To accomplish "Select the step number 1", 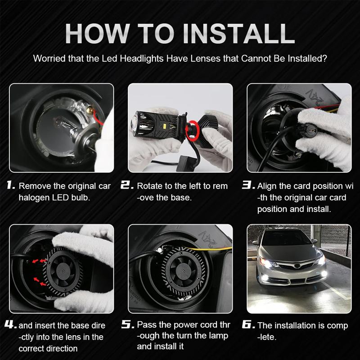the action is point(10,185).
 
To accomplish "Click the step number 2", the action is point(127,185).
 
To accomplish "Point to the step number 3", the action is point(248,185).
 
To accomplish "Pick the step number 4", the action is point(10,324).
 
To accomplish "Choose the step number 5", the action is point(128,324).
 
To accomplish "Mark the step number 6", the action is point(248,324).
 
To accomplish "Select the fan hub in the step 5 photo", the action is point(184,269).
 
